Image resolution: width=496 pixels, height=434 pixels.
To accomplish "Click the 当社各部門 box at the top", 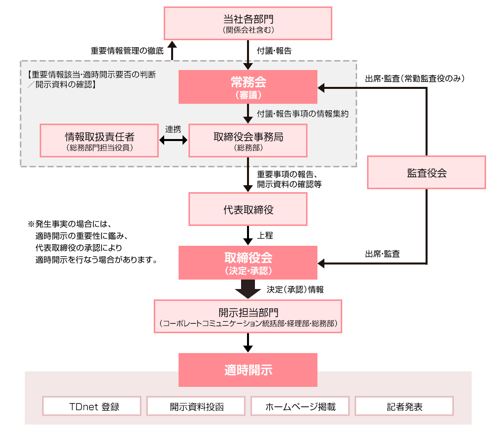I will coord(248,23).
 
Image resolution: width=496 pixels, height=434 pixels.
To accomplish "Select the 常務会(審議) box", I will coord(248,87).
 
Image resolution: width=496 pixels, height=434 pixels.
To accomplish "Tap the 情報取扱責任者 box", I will coord(99,140).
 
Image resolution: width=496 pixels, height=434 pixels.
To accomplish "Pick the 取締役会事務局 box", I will coord(248,140).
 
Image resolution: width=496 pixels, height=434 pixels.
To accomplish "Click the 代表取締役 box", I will coord(248,210).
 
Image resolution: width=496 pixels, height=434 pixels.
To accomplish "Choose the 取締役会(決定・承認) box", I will coord(248,262).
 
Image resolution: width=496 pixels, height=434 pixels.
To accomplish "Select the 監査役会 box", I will coord(427,173).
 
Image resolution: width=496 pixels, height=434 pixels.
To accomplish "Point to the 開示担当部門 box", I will coord(248,316).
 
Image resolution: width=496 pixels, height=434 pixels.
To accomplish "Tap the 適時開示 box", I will coord(248,370).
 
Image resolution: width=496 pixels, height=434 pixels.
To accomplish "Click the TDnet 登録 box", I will coord(92,406).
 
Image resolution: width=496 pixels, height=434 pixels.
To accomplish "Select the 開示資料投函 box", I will coord(196,406).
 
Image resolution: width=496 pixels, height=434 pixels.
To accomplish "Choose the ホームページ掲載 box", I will coord(300,406).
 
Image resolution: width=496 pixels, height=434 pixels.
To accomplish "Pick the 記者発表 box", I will coord(404,406).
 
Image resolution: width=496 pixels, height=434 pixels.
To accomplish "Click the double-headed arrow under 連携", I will coord(173,141).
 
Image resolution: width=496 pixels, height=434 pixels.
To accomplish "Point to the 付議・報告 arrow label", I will coord(274,51).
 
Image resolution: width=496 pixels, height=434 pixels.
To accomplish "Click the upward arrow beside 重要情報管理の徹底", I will coord(172,50).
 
